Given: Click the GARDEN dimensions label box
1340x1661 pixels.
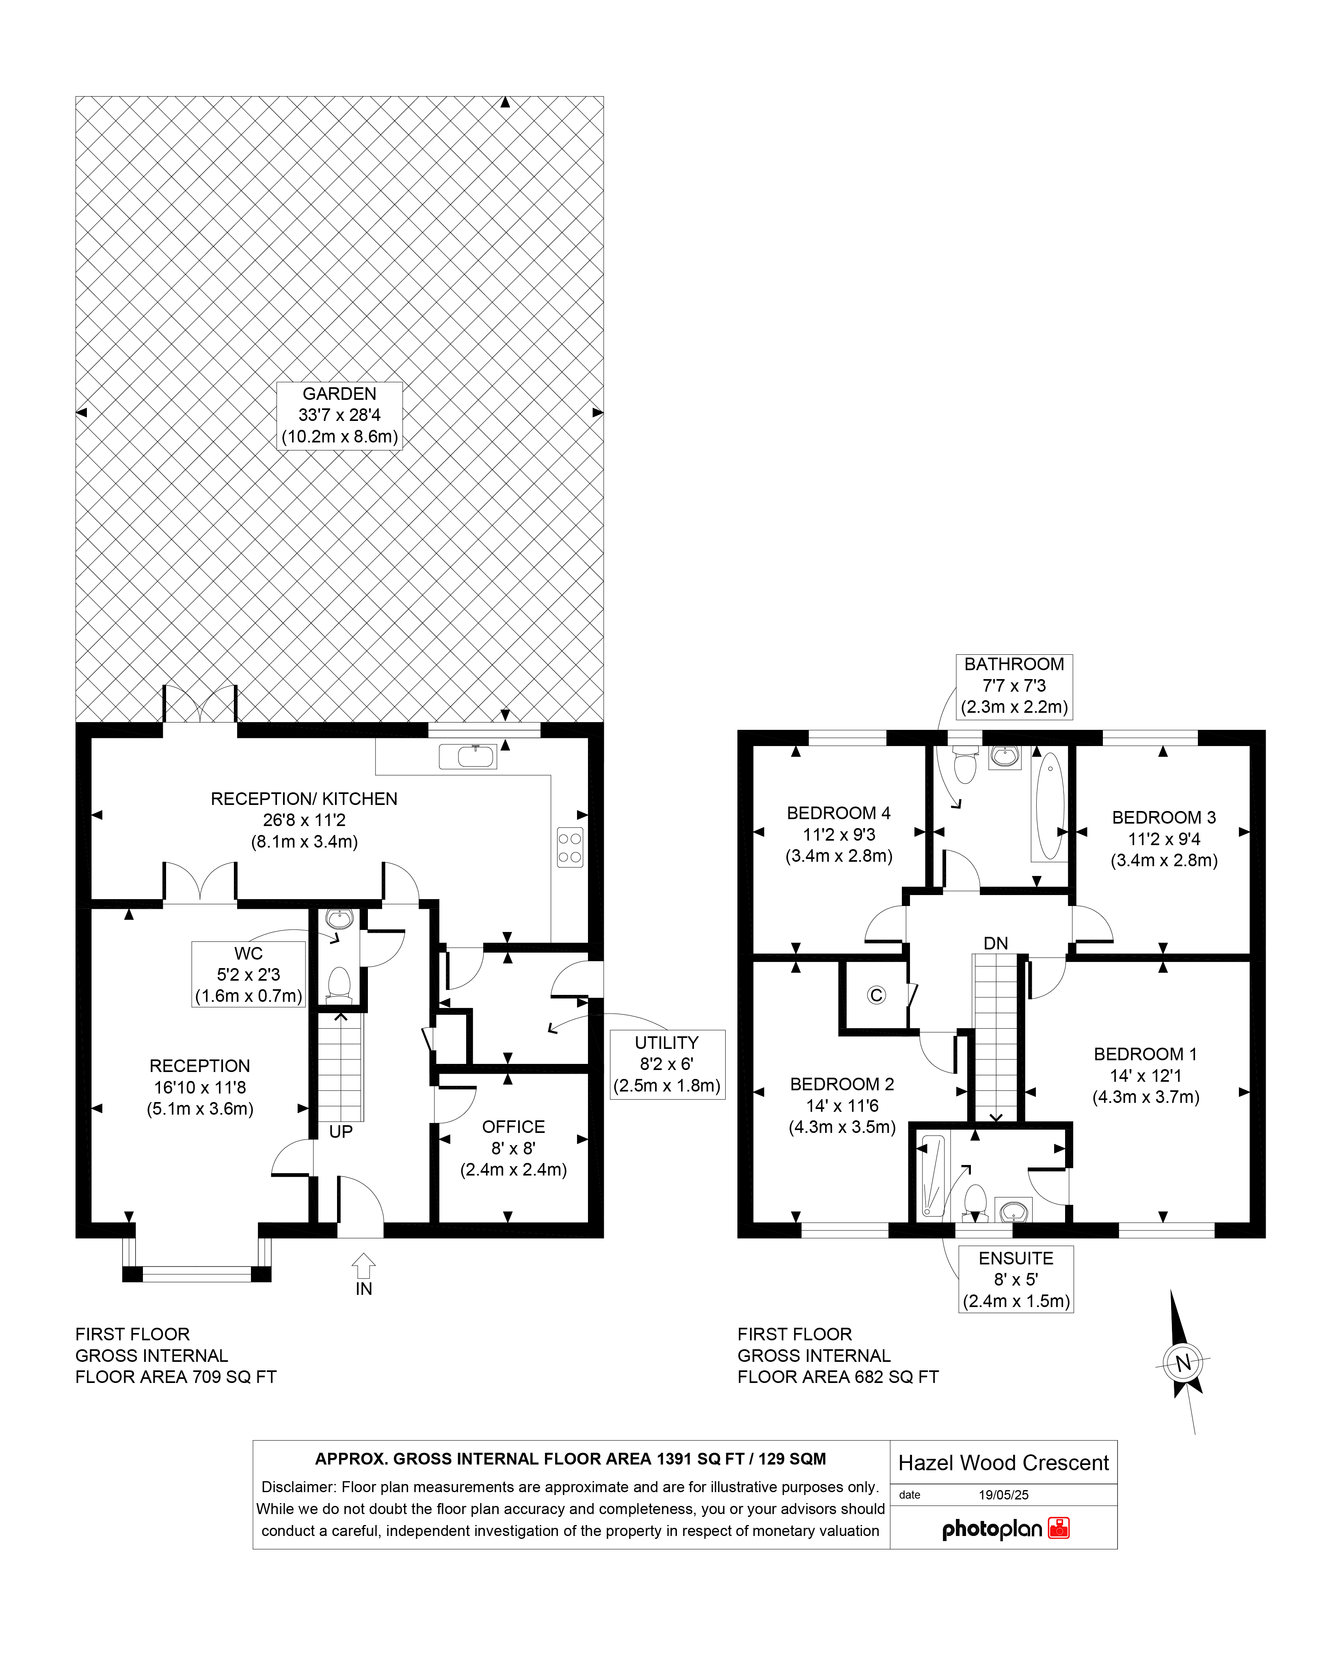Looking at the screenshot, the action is click(339, 415).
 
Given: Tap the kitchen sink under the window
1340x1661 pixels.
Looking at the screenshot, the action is click(468, 756).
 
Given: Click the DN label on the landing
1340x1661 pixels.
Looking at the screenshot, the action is click(996, 943).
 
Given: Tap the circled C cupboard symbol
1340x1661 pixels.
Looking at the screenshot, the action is click(876, 995).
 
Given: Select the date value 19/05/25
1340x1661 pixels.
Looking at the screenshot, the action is click(1003, 1494).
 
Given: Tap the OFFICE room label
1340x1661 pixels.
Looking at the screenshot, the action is click(513, 1126).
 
